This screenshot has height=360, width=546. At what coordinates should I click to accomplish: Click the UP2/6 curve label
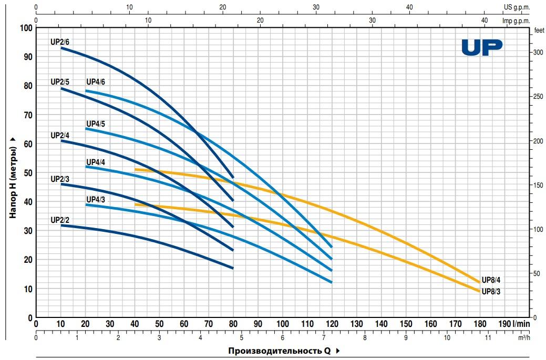(x=59, y=41)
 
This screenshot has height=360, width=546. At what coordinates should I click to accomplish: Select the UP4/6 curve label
(x=96, y=82)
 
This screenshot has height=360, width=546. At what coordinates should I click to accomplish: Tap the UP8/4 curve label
(x=491, y=280)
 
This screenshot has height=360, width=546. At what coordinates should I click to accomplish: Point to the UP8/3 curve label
(x=491, y=291)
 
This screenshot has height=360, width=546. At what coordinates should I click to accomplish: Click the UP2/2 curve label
(x=59, y=220)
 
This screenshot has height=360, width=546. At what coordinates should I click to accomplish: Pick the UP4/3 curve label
(x=96, y=199)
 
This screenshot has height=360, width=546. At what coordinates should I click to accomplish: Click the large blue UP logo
(x=481, y=47)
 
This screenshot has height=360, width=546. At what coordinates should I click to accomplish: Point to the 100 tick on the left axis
(x=26, y=27)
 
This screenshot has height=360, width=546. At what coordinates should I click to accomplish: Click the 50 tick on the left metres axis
(x=28, y=172)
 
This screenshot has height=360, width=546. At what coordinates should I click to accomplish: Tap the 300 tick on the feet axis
(x=538, y=53)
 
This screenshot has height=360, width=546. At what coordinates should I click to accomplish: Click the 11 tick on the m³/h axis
(x=488, y=338)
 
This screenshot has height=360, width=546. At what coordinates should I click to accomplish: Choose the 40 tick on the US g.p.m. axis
(x=409, y=7)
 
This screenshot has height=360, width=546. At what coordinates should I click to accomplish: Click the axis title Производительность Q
(x=279, y=351)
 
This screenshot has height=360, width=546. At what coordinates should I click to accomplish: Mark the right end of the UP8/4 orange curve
(x=479, y=282)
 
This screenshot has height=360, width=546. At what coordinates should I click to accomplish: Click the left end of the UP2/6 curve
(x=61, y=48)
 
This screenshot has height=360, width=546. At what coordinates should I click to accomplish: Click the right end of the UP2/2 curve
(x=232, y=268)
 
